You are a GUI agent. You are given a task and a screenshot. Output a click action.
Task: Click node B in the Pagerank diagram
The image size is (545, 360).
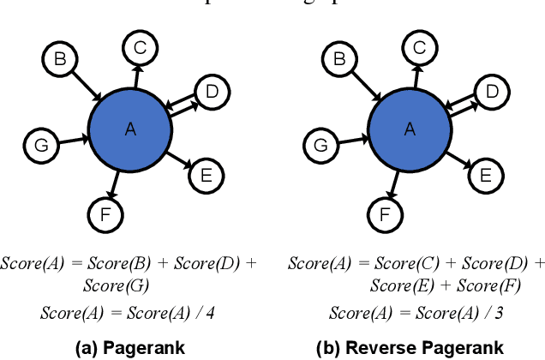60,59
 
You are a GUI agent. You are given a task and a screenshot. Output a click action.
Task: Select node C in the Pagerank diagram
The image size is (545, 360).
140,48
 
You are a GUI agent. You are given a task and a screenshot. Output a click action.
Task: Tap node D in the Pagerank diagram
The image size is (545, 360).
212,91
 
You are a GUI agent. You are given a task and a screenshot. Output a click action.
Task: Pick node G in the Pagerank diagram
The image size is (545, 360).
40,146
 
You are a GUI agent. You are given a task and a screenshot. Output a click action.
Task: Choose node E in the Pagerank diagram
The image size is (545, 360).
206,176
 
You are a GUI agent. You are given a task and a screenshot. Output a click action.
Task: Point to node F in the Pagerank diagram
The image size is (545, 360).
105,214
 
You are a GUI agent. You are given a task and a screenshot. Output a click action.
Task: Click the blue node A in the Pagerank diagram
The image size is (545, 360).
130,129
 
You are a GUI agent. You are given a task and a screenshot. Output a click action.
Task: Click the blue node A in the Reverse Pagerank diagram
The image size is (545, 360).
410,129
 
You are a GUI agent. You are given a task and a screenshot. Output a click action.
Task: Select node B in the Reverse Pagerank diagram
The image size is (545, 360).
339,59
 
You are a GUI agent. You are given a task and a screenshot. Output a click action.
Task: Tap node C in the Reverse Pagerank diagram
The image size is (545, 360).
419,48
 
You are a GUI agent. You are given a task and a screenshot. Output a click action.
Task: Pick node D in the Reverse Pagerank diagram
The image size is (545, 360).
491,91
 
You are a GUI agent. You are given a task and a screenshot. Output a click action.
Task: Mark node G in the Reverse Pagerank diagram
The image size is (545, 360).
320,146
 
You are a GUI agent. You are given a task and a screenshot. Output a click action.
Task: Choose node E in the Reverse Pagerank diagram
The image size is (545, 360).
485,176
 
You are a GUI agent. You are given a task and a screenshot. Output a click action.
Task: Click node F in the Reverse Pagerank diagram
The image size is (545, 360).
385,214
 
